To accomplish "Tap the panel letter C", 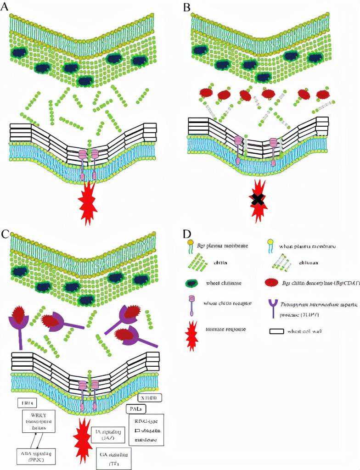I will [x=6, y=235].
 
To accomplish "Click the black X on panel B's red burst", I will [x=258, y=199].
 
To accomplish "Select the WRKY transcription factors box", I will [x=38, y=422].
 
